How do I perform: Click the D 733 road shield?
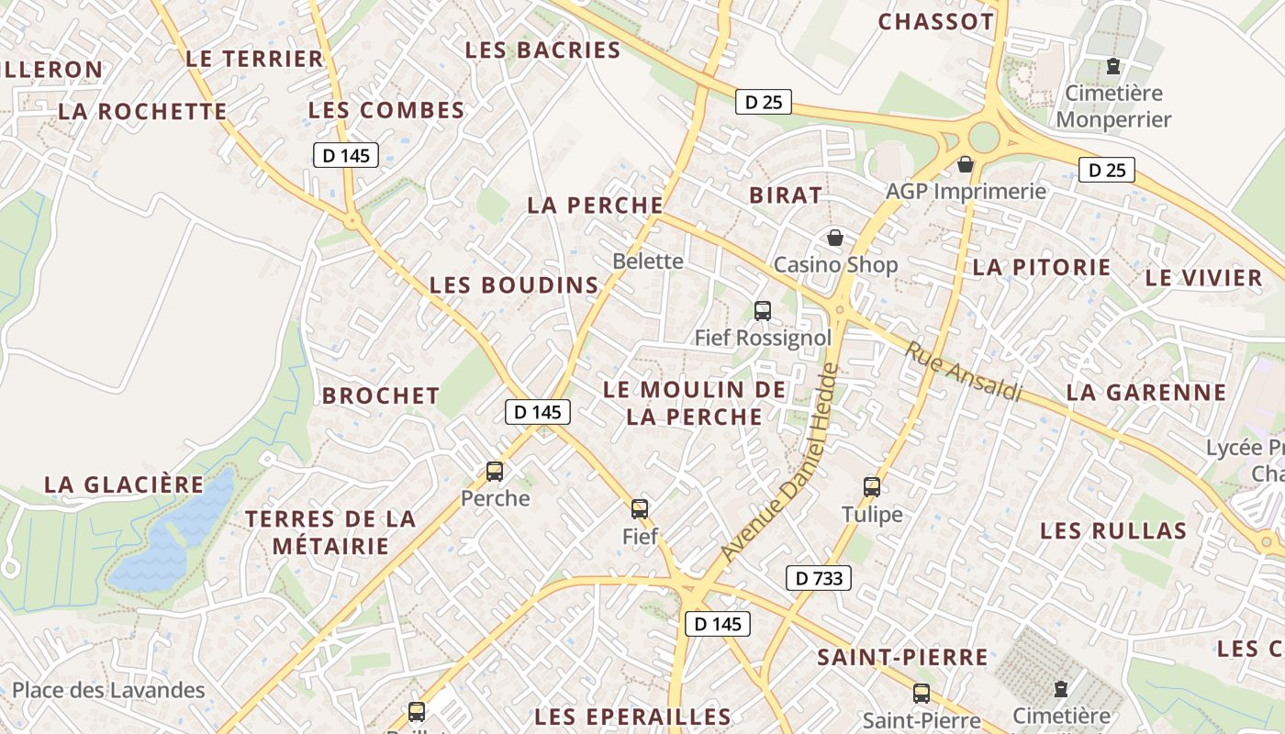pos(819,578)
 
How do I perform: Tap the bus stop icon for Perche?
pos(495,472)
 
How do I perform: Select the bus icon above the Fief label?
pos(640,508)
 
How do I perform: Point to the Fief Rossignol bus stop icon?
pos(763,310)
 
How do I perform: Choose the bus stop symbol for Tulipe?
pos(872,486)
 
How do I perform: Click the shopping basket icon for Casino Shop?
pos(835,239)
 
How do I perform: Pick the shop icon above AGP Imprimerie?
pos(965,164)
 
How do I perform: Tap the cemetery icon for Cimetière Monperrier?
pos(1113,66)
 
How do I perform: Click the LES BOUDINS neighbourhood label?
pos(514,285)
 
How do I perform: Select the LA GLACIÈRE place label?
pos(124,484)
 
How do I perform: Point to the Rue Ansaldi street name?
pos(964,372)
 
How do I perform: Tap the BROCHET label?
pos(381,395)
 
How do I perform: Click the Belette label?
pos(648,261)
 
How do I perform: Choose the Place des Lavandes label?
pos(108,690)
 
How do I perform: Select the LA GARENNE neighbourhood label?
pos(1146,393)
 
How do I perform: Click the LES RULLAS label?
pos(1113,530)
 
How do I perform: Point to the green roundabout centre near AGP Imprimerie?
pos(983,138)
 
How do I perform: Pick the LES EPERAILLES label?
pos(633,717)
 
